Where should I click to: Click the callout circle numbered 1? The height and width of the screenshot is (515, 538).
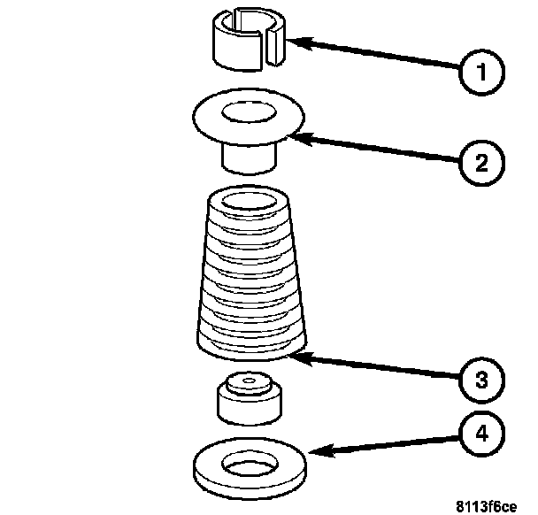click(x=479, y=70)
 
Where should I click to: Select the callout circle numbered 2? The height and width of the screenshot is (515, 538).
click(x=479, y=162)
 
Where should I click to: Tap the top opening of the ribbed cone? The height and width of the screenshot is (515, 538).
click(x=245, y=200)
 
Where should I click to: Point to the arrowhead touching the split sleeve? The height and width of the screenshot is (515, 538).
click(x=295, y=41)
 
